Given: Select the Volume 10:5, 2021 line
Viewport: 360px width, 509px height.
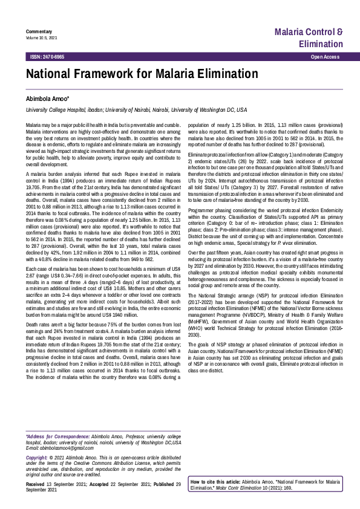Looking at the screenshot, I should coord(42,37).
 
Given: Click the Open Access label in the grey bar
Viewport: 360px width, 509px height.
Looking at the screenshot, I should coord(325,56).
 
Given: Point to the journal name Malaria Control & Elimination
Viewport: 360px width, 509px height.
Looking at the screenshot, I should coord(309,37).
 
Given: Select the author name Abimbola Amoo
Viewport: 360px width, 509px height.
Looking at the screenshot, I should coord(47,98).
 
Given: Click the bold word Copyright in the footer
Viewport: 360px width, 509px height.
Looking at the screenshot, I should coord(38,458).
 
